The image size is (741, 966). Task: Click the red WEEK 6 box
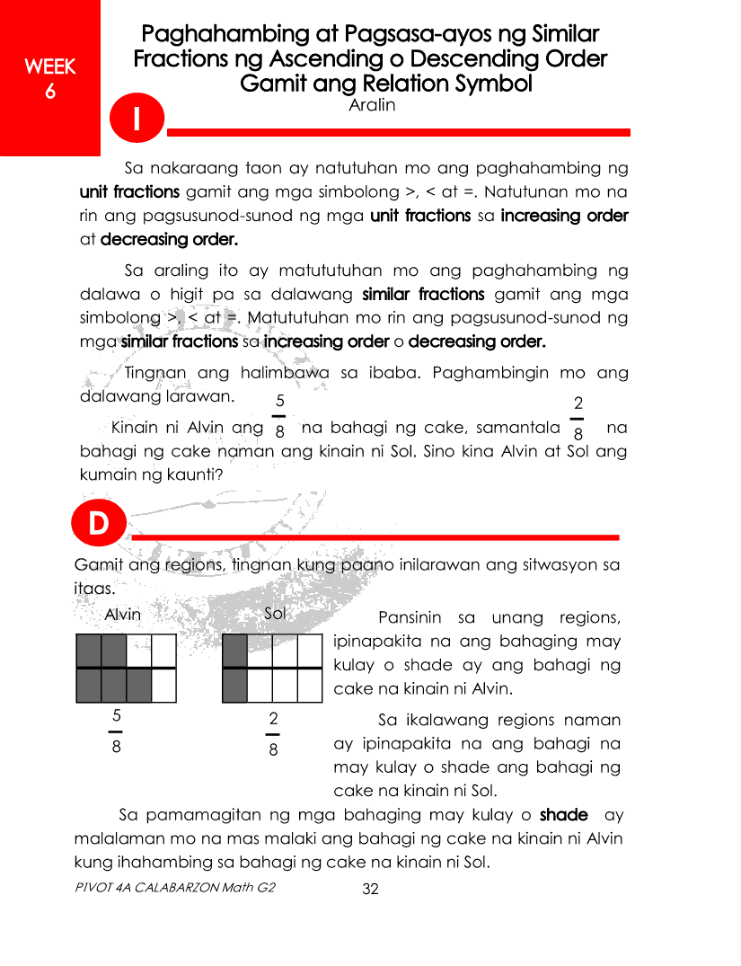click(49, 78)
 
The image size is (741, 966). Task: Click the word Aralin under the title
click(371, 105)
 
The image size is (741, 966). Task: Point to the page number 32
click(370, 890)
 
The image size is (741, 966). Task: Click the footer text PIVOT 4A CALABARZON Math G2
click(175, 888)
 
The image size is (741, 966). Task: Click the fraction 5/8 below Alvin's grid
click(117, 732)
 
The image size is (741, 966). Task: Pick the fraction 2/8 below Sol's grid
click(273, 732)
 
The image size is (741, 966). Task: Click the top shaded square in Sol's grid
click(234, 651)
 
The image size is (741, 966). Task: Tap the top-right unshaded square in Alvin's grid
click(163, 651)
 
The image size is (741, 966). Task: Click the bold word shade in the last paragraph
click(563, 815)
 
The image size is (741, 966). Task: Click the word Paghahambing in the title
click(219, 35)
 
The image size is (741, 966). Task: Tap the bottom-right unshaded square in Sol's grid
click(309, 686)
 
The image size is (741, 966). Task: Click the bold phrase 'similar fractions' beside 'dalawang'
click(423, 294)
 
